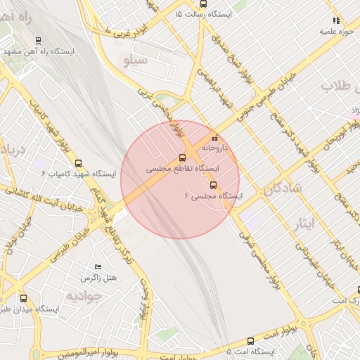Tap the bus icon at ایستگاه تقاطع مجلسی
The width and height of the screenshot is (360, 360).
182,157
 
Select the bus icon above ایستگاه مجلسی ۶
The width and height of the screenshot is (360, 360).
213,186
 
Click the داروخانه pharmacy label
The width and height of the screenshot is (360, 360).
215,148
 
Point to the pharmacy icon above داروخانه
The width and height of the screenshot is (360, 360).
215,138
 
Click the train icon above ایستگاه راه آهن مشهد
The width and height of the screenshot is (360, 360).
37,40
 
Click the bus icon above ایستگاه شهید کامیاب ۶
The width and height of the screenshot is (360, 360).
78,162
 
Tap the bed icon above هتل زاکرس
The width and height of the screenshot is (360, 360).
98,267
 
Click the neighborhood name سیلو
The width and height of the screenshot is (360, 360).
135,60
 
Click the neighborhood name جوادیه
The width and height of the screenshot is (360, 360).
84,296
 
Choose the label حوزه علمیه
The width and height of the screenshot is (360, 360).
336,32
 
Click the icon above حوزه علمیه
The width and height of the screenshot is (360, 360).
336,21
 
